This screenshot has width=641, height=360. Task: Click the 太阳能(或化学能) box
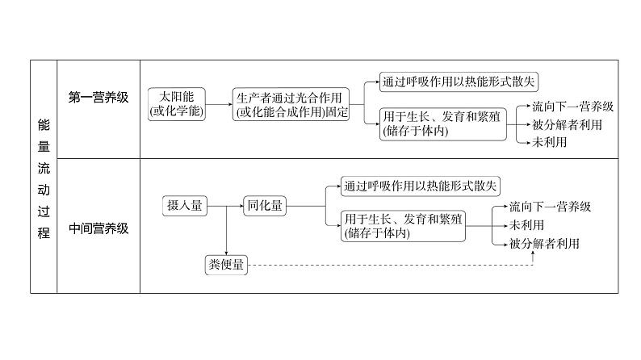tap(177, 104)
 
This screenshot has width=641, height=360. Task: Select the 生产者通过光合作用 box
tap(292, 105)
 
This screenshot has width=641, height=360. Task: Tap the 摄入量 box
tap(184, 206)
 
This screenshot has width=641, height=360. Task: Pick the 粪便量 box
tap(226, 265)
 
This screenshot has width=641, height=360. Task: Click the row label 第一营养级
tap(98, 98)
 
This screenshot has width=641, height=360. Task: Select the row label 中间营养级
tap(98, 228)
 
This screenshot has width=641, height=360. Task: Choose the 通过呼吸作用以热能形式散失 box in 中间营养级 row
tap(421, 186)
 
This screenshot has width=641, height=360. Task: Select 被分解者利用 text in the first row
tap(568, 124)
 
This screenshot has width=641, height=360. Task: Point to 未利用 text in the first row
tap(549, 142)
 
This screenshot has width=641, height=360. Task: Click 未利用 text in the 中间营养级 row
tap(526, 224)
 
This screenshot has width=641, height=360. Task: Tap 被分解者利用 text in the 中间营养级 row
tap(545, 242)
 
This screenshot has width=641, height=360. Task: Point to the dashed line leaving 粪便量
tap(388, 265)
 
